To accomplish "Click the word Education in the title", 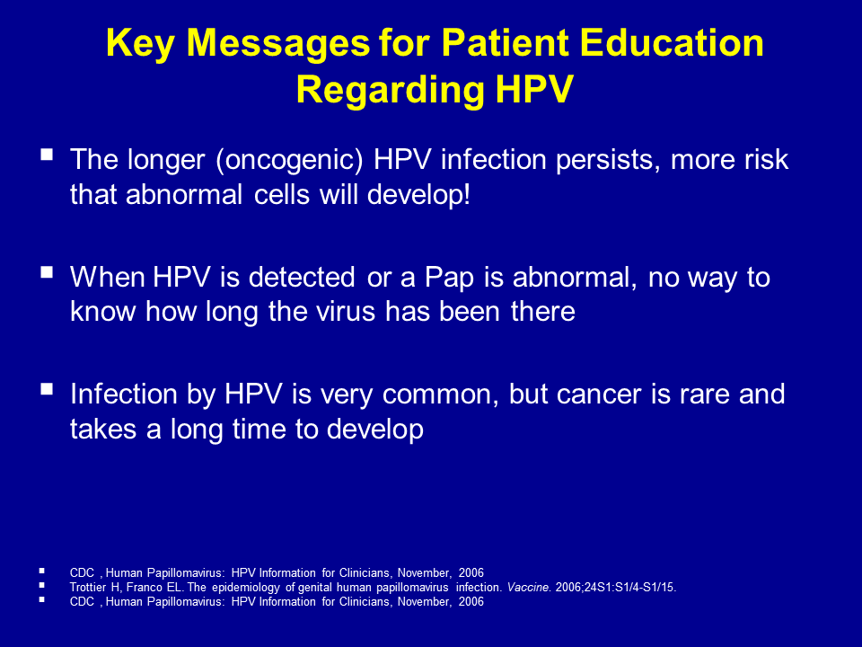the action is (672, 42).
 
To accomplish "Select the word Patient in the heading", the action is (505, 42).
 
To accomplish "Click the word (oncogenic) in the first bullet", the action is (290, 160).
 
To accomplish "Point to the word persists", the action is (608, 160).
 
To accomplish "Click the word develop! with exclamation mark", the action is (419, 195).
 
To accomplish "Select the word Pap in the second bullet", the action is (449, 278).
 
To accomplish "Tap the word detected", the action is (302, 277).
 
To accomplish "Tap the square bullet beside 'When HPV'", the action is (47, 271).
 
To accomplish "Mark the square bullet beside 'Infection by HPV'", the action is (47, 389).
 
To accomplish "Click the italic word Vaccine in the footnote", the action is (528, 587).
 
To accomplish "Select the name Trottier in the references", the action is (87, 587).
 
